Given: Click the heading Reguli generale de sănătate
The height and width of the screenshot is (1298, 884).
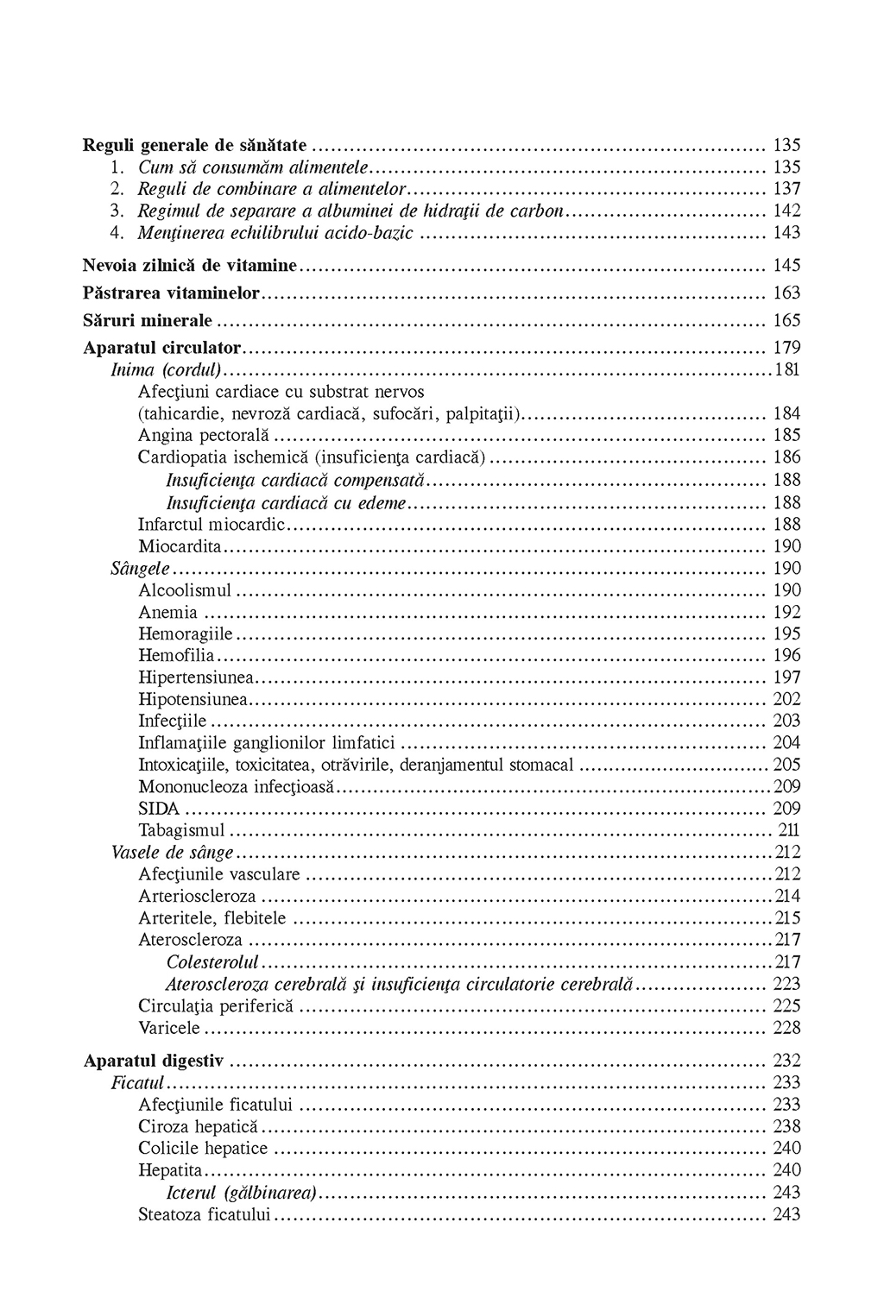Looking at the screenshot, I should [x=195, y=145].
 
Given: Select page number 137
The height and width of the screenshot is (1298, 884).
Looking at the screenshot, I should [x=786, y=189].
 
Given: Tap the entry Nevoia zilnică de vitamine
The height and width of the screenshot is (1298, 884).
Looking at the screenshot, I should [x=190, y=265].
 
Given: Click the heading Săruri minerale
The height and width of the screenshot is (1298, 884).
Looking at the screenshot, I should [x=148, y=320].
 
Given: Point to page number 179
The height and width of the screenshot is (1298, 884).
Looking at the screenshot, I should [x=786, y=348].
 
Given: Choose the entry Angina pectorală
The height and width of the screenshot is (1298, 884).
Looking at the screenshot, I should [x=204, y=435].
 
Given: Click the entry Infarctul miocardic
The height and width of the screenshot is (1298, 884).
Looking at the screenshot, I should [x=211, y=524].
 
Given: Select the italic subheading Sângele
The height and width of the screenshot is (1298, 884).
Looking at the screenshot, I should [x=141, y=568].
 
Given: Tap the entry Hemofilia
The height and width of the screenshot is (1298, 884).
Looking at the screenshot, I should [x=176, y=656].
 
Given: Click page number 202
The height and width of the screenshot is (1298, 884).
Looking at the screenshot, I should [x=786, y=699].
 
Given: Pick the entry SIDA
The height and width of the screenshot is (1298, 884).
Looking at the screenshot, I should [x=159, y=809].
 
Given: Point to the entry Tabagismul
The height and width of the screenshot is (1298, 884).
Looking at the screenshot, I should [x=181, y=830].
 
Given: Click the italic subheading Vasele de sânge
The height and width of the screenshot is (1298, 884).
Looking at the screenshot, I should [x=173, y=853].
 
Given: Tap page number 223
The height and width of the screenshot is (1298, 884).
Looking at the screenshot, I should [x=786, y=984].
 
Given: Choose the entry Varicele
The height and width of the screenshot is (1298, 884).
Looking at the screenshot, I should [x=169, y=1028].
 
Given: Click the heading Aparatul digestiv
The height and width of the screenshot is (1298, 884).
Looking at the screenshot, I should [x=154, y=1061].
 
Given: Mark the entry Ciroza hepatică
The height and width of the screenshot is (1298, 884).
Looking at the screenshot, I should [x=198, y=1126].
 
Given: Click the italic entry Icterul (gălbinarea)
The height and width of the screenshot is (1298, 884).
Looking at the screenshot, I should [x=241, y=1193].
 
